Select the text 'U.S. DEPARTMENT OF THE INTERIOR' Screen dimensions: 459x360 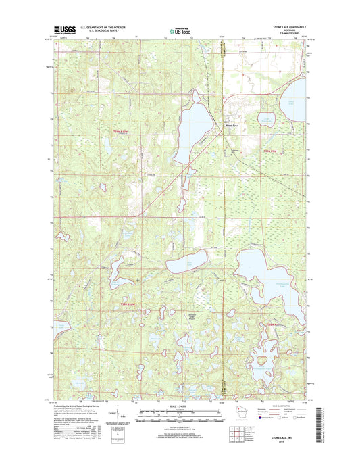click(x=103, y=28)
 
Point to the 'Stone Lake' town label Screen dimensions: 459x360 click(x=232, y=124)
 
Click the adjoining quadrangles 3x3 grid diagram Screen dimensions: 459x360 click(x=237, y=433)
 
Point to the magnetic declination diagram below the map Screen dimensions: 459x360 click(x=118, y=418)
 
